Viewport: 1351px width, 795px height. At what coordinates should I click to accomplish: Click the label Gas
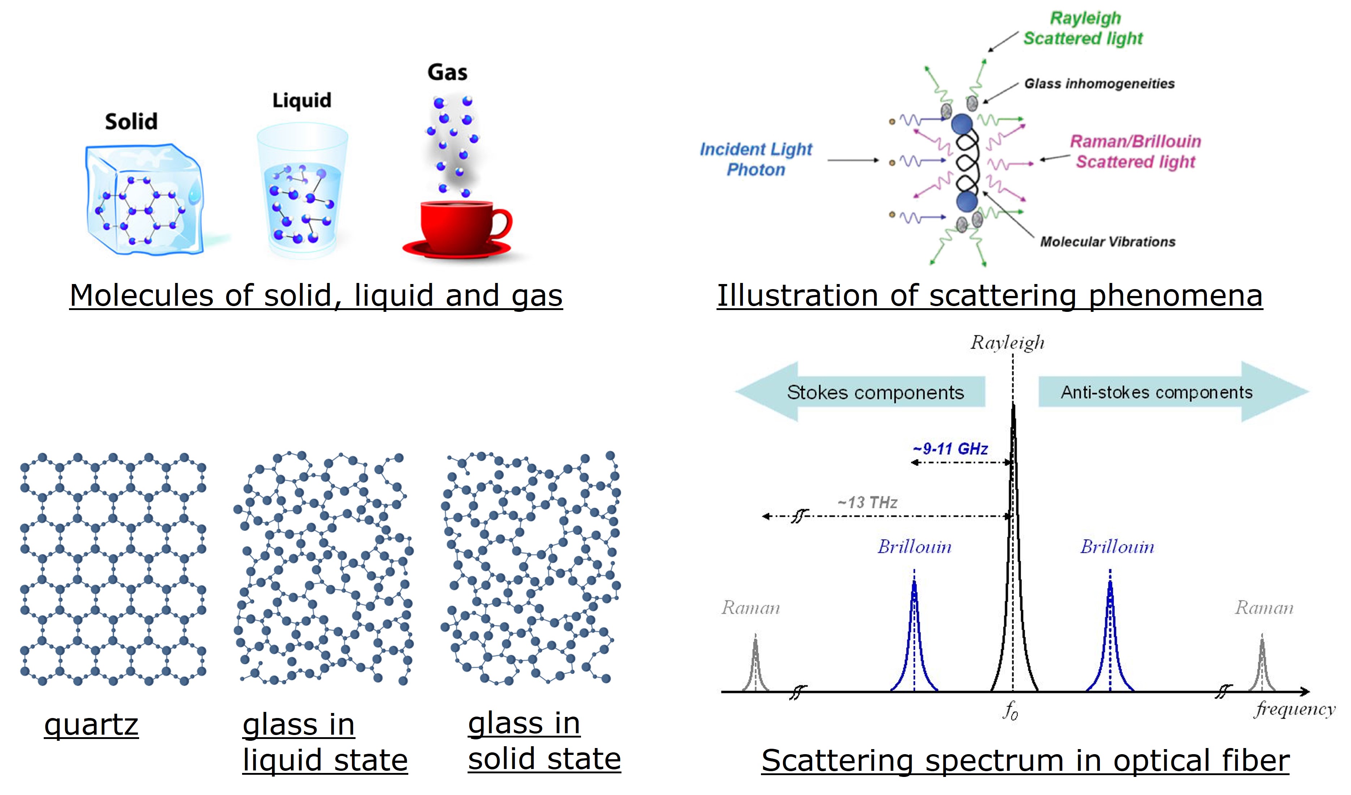tap(447, 72)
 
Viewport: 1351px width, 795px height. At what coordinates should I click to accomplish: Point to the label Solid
tap(132, 122)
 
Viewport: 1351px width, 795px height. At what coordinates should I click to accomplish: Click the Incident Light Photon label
tap(756, 159)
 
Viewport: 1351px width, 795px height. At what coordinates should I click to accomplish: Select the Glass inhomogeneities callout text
tap(1099, 83)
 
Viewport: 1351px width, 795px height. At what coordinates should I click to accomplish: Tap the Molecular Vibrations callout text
tap(1107, 242)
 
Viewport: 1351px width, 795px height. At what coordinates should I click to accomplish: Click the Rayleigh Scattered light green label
tap(1084, 29)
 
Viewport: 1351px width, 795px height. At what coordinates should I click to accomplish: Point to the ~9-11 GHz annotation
tap(950, 449)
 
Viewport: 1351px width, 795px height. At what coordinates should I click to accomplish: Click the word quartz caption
tap(91, 725)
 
